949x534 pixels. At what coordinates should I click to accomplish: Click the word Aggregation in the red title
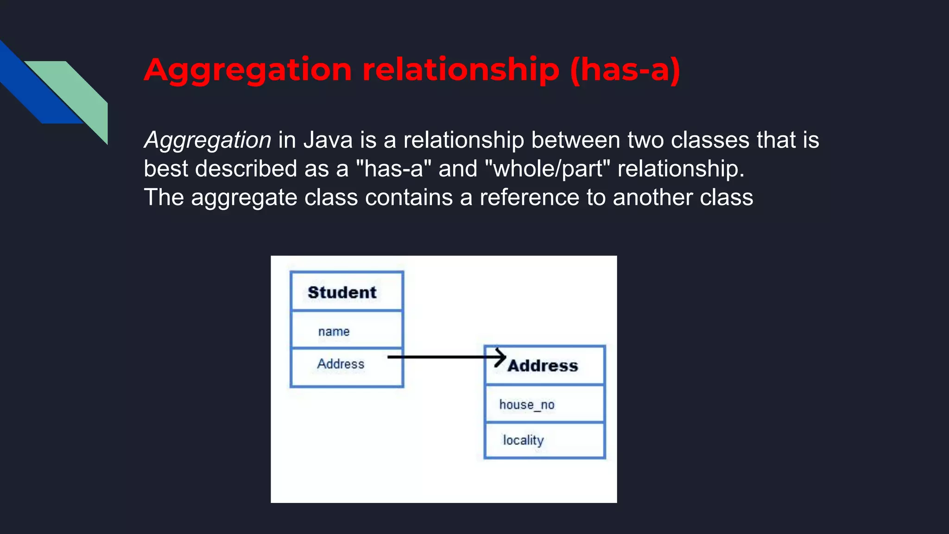pos(248,70)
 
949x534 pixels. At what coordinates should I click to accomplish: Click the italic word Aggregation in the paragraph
pos(208,140)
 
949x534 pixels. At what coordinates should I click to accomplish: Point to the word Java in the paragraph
pos(328,140)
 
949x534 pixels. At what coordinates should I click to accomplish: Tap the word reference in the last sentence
pos(529,197)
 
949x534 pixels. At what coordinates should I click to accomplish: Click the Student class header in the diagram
pos(342,292)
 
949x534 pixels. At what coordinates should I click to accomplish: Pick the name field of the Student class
pos(334,331)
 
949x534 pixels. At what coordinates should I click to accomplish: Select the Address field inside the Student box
pos(341,364)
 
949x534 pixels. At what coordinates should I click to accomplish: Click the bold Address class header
pos(543,366)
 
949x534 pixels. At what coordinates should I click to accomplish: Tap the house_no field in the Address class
pos(527,405)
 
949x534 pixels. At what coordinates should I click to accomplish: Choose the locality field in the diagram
pos(523,440)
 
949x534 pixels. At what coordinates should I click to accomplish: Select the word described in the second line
pos(246,169)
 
